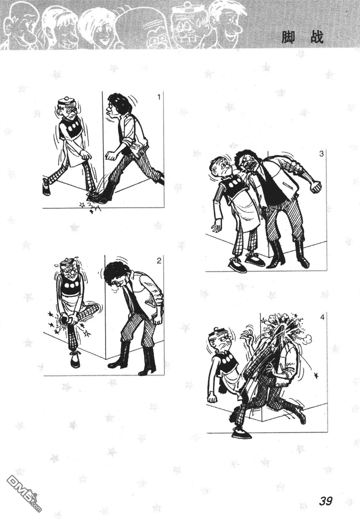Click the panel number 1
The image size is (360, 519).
(x=159, y=97)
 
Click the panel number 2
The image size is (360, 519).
(x=159, y=261)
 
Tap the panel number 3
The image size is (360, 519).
(x=321, y=154)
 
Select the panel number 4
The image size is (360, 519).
(x=322, y=317)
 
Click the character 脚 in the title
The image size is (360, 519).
(x=288, y=37)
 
